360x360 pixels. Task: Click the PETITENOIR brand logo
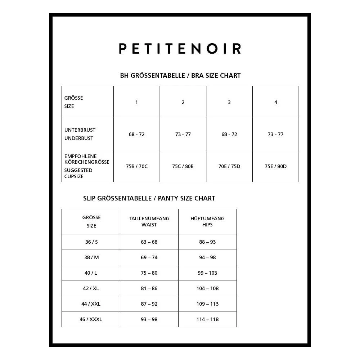coord(180,48)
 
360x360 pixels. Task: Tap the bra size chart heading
coord(180,76)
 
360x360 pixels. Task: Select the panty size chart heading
coord(149,198)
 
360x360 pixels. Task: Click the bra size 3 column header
coord(229,102)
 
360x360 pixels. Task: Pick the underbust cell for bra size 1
coord(136,134)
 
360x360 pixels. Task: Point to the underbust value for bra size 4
coord(275,134)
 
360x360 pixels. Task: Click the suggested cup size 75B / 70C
coord(136,166)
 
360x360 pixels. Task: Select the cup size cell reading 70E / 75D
coord(229,166)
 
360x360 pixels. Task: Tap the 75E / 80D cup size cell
coord(275,166)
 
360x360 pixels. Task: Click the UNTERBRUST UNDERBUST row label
coord(80,134)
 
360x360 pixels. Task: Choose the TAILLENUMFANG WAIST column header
coord(149,221)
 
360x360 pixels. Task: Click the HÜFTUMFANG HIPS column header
coord(207,221)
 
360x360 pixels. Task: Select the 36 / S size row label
coord(91,242)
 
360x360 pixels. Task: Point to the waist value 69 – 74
coord(149,257)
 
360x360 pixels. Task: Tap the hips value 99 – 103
coord(207,273)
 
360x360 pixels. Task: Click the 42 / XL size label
coord(91,288)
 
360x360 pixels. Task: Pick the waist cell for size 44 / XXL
coord(149,304)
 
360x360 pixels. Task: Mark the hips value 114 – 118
coord(207,319)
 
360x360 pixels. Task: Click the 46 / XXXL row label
coord(91,319)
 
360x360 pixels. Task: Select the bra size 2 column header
coord(183,102)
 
